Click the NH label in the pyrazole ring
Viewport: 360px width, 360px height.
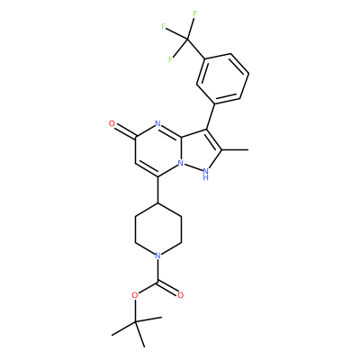205,174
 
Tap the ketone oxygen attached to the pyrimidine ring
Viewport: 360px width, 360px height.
112,123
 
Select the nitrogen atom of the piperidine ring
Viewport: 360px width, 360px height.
158,256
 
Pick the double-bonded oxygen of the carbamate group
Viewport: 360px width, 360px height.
180,295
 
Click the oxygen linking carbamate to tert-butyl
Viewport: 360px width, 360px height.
135,295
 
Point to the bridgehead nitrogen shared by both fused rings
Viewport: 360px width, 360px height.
181,163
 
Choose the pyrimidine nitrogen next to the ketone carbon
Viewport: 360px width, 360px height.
158,124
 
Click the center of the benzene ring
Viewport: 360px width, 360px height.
222,78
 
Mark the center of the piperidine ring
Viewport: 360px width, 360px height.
158,229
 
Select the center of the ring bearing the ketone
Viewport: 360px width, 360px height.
158,150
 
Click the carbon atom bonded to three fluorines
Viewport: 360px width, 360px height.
187,39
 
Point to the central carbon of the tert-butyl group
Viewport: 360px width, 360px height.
136,321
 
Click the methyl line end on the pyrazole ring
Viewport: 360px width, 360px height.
248,149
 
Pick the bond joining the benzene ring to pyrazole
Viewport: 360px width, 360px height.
211,117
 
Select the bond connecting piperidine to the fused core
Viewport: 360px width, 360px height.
158,190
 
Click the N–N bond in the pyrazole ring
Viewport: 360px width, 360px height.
193,167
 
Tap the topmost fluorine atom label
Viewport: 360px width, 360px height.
195,13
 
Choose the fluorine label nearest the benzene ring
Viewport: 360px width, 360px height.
170,59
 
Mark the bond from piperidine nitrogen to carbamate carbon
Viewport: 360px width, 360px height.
158,271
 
